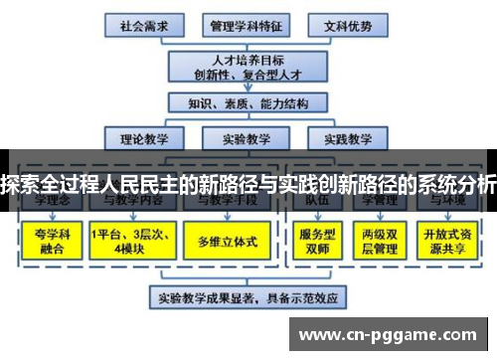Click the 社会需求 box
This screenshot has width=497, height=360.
click(142, 24)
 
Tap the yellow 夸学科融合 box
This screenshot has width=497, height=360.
click(48, 241)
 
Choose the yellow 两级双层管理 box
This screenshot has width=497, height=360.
click(382, 241)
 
